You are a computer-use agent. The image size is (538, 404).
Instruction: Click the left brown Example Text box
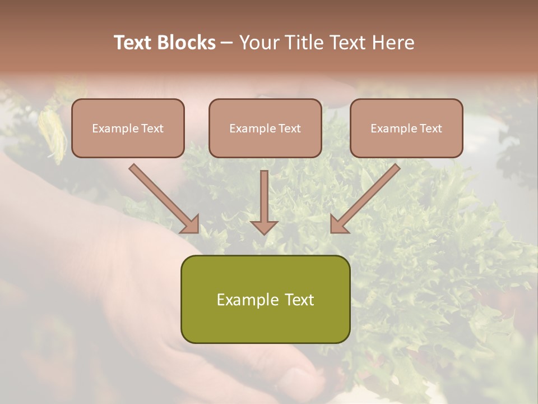(x=128, y=128)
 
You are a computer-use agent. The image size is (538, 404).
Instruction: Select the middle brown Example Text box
(x=265, y=128)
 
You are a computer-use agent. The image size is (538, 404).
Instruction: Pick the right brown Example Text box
(x=406, y=128)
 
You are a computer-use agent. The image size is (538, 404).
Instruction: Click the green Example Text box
(x=265, y=299)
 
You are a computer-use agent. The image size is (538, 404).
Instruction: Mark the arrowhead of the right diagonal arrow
(x=338, y=224)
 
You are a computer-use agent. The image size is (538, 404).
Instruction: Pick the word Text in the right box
(x=430, y=128)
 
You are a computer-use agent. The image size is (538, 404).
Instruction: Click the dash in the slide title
(x=227, y=43)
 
